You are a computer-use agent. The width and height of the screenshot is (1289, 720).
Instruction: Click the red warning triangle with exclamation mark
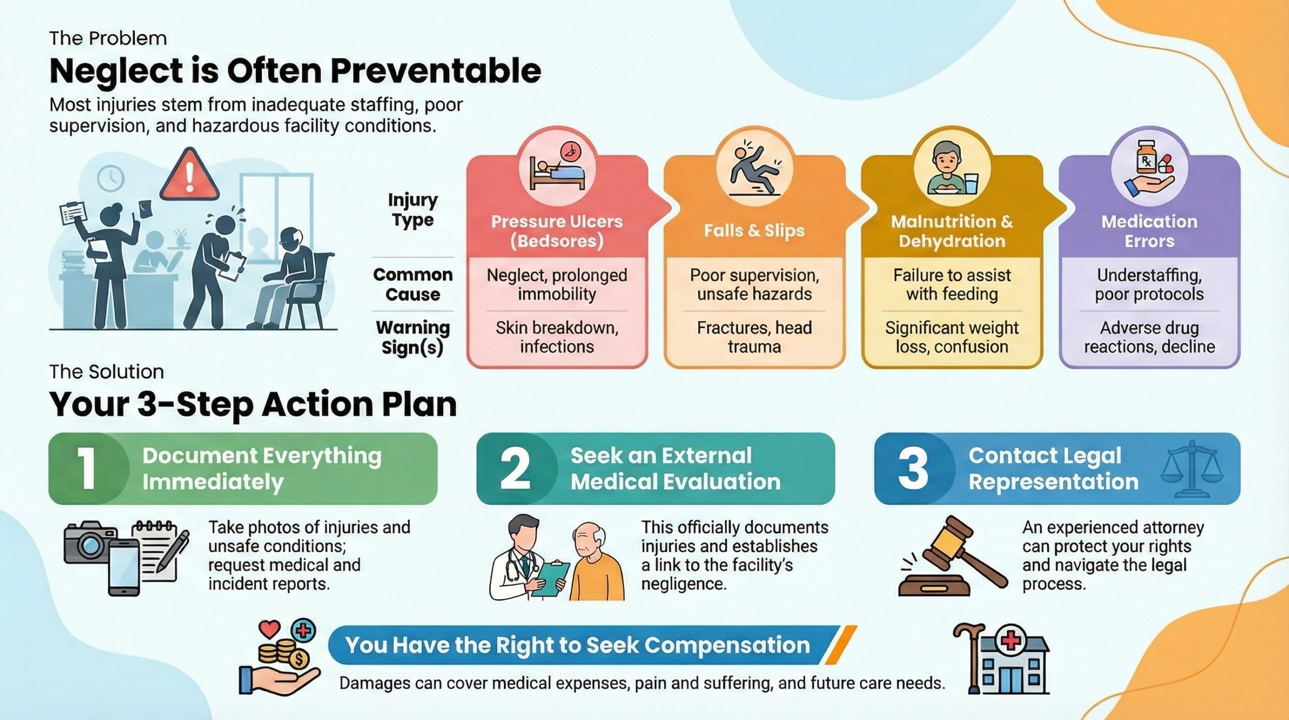tap(189, 175)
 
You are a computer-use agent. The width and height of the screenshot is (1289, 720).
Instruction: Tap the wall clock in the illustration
tap(111, 178)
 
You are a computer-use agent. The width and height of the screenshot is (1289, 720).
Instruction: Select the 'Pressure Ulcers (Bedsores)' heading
tap(556, 231)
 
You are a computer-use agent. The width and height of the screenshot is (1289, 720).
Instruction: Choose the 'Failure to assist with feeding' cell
tap(952, 285)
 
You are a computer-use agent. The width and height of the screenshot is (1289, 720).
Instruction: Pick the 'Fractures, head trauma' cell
tap(754, 337)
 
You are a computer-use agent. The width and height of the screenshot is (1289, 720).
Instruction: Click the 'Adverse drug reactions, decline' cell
tap(1149, 337)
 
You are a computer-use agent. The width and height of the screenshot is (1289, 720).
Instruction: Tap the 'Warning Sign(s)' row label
tap(412, 337)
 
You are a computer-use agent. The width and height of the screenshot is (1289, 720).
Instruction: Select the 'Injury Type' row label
tap(412, 210)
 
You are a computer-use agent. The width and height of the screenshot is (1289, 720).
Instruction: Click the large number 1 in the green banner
tap(87, 469)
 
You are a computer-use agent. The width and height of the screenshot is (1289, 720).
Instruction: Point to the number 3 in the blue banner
tap(912, 469)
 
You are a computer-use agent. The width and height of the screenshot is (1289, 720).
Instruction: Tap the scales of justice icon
tap(1191, 466)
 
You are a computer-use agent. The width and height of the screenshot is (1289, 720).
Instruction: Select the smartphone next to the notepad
tap(124, 566)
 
